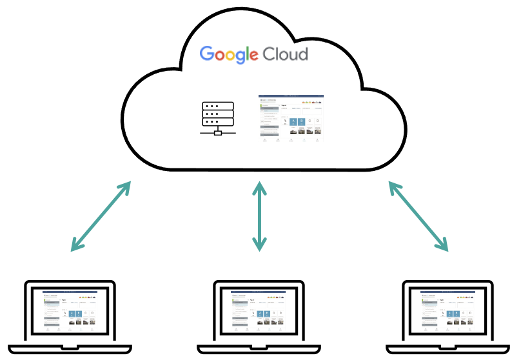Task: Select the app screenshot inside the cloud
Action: (290, 118)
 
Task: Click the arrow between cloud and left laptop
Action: (101, 216)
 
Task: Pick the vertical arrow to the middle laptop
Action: (259, 216)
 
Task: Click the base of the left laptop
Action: (70, 349)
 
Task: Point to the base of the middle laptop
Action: (259, 349)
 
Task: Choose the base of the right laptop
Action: (448, 349)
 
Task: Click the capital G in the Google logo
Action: (207, 54)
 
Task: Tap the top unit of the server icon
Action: (218, 105)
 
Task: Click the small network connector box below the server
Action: (218, 133)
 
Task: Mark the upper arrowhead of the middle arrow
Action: (259, 188)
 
